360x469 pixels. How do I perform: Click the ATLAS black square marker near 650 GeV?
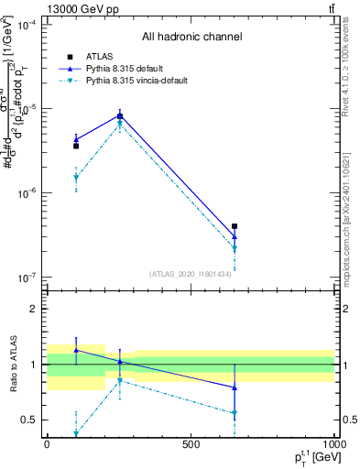pos(235,225)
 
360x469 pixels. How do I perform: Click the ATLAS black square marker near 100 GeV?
pos(76,146)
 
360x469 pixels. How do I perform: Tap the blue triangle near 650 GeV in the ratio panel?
pos(235,387)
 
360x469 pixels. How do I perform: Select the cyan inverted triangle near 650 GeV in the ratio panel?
pos(235,413)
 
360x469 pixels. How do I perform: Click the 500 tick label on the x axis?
pos(191,444)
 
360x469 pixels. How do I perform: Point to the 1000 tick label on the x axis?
pos(333,444)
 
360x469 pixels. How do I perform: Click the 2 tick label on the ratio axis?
pos(34,309)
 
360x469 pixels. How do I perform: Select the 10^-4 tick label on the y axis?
pos(27,25)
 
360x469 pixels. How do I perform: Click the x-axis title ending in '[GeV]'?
pos(309,457)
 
